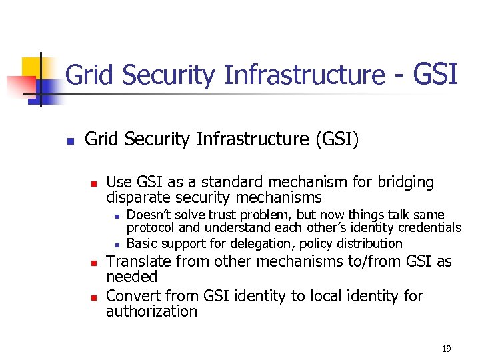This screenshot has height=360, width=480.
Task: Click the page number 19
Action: pyautogui.click(x=446, y=349)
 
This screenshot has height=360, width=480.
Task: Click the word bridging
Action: pyautogui.click(x=405, y=182)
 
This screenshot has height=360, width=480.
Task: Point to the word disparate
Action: pyautogui.click(x=136, y=197)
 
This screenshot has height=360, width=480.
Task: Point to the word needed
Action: pyautogui.click(x=131, y=277)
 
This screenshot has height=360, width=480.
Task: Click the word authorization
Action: pyautogui.click(x=151, y=311)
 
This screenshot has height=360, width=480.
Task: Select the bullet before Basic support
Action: pyautogui.click(x=116, y=244)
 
